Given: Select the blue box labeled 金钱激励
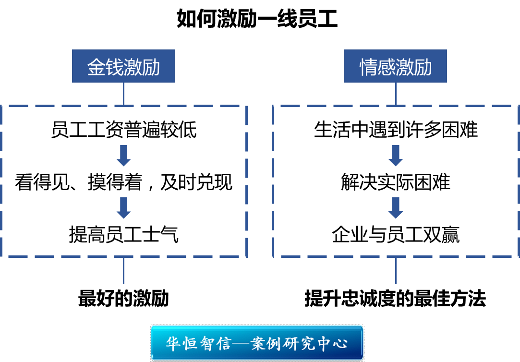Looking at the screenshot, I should [123, 66].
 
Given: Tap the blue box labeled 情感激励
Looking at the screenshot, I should [395, 66].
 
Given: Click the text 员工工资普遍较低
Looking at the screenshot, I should [123, 130].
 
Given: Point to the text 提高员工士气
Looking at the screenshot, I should [123, 235].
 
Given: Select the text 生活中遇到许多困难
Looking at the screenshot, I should [396, 130].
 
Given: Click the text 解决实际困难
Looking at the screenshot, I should [396, 182].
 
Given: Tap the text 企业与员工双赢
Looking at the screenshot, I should [396, 235].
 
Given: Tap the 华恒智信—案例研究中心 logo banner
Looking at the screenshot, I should [257, 343].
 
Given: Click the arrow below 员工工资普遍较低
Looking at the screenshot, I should [124, 155].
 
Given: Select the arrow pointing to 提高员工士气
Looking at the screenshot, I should [124, 207].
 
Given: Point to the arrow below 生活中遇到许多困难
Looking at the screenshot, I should [396, 155].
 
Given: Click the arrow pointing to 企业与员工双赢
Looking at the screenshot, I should [396, 207].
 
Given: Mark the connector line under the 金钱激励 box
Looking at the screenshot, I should [124, 94].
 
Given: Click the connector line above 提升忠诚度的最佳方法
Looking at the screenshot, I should [396, 271].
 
